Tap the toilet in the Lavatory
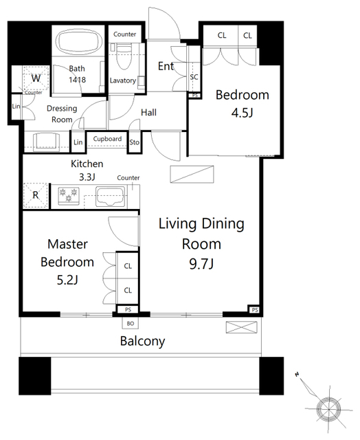(124, 56)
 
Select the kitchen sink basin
(110, 196)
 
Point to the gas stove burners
(69, 195)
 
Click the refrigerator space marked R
(35, 195)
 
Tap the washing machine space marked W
(36, 78)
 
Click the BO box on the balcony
(131, 323)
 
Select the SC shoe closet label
(194, 77)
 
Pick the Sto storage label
(134, 142)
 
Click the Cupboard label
(107, 139)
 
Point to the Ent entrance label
(166, 66)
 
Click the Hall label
(148, 113)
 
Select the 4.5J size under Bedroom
(243, 113)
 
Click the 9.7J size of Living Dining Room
(201, 264)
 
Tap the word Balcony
(142, 341)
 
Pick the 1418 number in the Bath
(78, 80)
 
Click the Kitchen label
(87, 164)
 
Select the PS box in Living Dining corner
(255, 310)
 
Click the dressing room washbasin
(46, 142)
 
